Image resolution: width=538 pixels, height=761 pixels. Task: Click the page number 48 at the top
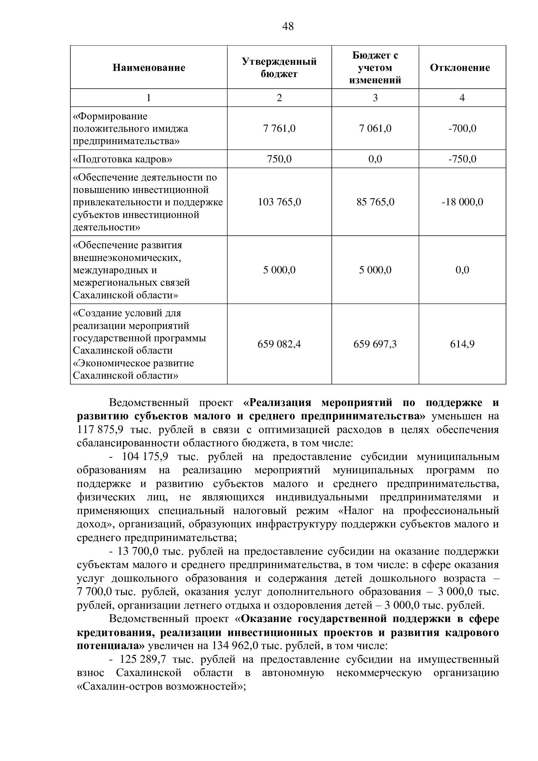point(288,26)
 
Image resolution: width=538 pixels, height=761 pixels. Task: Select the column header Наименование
point(149,68)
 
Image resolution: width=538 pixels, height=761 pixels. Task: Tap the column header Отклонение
point(460,68)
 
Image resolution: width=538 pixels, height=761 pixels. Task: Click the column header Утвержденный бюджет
point(279,68)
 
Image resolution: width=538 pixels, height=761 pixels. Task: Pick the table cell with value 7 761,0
point(279,128)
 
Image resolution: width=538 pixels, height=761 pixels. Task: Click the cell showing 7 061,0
point(375,128)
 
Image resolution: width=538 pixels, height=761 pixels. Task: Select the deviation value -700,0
point(462,128)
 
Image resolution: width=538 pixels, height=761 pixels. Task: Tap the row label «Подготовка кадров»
point(123,159)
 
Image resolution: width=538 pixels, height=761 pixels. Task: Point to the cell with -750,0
point(462,159)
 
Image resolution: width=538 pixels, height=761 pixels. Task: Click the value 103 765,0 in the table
point(279,202)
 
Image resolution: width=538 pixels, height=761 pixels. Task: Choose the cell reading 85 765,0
point(375,202)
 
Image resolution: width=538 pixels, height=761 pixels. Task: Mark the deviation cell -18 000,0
point(462,202)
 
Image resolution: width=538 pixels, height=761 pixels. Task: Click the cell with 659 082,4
point(279,344)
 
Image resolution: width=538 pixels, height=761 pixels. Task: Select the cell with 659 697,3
point(375,344)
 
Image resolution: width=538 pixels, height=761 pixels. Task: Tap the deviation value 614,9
point(462,344)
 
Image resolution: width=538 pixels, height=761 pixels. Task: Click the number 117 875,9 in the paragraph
point(100,430)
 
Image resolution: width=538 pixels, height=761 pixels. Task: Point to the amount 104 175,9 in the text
point(145,457)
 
